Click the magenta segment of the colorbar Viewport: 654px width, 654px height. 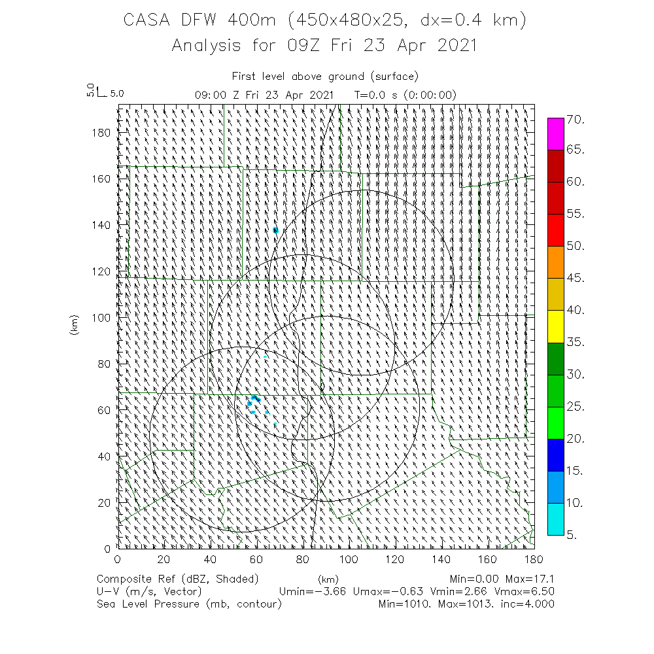click(x=555, y=134)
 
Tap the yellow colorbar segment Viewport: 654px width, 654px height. click(x=555, y=326)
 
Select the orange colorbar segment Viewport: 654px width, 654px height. click(x=555, y=262)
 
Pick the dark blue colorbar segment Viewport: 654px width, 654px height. click(x=555, y=454)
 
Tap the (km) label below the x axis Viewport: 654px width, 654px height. click(x=328, y=579)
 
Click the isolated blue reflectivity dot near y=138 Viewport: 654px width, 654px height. click(x=276, y=230)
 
